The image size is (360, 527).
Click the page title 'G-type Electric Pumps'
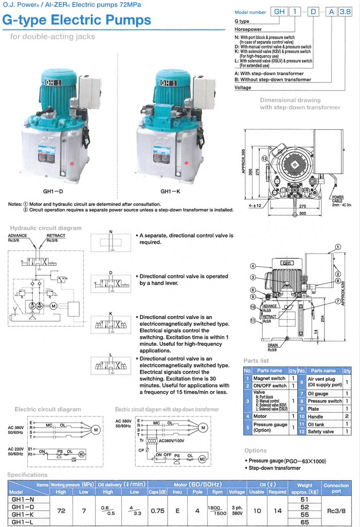point(77,20)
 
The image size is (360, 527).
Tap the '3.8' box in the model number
point(340,11)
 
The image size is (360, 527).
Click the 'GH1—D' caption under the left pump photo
point(53,191)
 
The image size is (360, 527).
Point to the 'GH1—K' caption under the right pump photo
point(169,191)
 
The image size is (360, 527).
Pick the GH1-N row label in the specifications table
point(23,499)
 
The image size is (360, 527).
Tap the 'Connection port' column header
point(336,488)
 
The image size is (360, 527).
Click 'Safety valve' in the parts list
point(321,432)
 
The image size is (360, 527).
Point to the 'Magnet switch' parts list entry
point(269,378)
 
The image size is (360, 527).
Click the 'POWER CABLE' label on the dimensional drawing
point(337,199)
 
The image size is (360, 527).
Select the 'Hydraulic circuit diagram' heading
point(46,228)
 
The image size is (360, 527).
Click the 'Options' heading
point(256,450)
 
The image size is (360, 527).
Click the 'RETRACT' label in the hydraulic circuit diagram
point(56,236)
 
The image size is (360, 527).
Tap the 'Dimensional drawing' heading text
point(290,100)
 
